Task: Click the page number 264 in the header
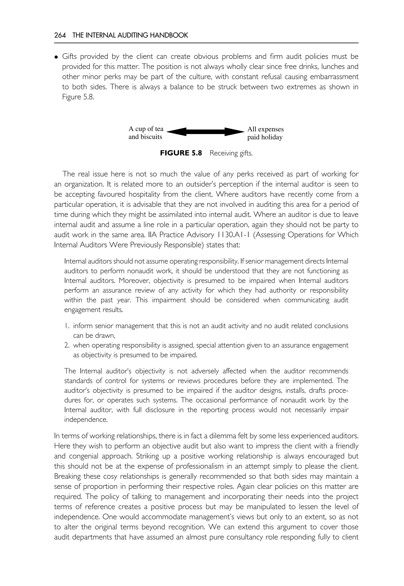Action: coord(60,35)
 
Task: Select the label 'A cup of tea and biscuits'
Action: coord(146,133)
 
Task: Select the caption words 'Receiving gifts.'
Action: coord(231,153)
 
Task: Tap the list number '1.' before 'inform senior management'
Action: coord(67,326)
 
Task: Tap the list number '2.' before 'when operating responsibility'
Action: coord(67,345)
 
